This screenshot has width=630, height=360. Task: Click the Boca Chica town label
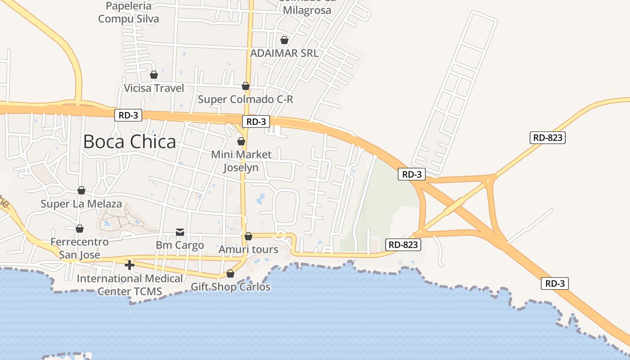(x=130, y=142)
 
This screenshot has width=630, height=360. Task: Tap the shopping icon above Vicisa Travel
(x=154, y=75)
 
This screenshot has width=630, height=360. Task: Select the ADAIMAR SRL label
(x=284, y=53)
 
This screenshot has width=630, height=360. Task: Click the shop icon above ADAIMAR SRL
(x=284, y=40)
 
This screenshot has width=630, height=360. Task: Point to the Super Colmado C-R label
(x=245, y=99)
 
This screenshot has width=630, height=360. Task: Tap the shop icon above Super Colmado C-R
(x=246, y=86)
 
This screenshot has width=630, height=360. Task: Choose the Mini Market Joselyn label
(x=241, y=161)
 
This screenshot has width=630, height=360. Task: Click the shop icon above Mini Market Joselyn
(x=241, y=141)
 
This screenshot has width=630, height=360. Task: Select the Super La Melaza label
(x=81, y=204)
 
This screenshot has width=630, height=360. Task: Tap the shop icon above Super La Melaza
(x=81, y=190)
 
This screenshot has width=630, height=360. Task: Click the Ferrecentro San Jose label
(x=79, y=248)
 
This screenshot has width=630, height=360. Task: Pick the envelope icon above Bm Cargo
(x=180, y=232)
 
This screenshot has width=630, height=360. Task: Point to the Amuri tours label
(x=248, y=249)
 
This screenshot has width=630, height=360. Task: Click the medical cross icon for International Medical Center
(x=130, y=265)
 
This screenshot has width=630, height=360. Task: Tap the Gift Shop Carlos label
(x=230, y=287)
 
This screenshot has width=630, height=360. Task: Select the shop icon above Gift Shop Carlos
(x=230, y=274)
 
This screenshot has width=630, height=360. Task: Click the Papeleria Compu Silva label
(x=129, y=13)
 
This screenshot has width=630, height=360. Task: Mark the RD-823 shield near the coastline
(x=403, y=245)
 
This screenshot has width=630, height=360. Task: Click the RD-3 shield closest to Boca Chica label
(x=128, y=115)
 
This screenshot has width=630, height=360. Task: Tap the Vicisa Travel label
(x=154, y=88)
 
